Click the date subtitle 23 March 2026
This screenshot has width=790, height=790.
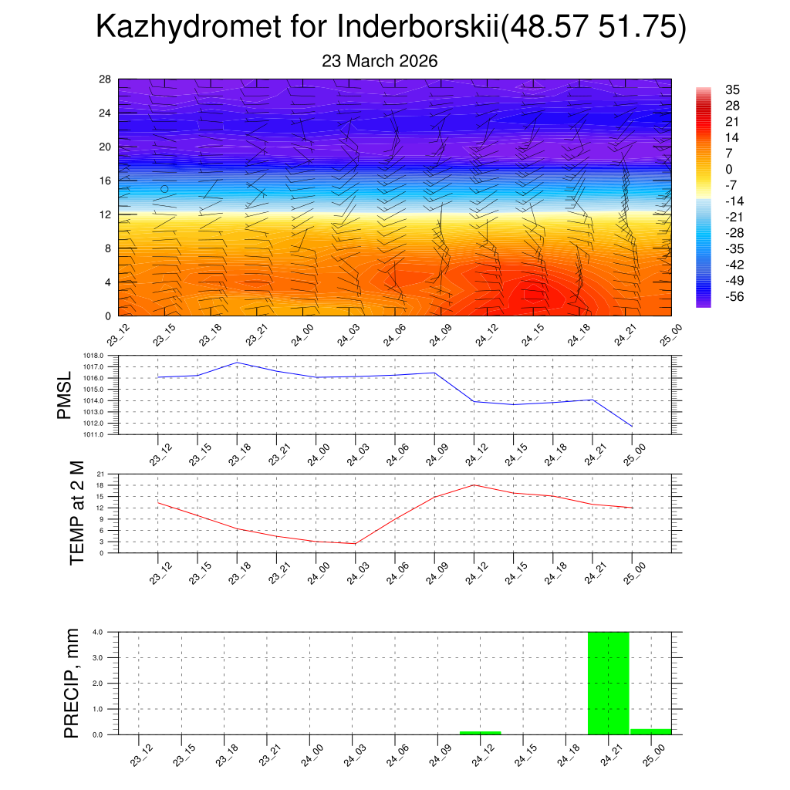tap(380, 61)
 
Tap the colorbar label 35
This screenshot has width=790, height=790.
tap(732, 90)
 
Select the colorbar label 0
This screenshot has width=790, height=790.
tap(728, 169)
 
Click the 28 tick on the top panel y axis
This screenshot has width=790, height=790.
tap(106, 79)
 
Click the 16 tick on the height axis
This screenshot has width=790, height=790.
tap(106, 181)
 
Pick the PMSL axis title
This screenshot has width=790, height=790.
tap(65, 395)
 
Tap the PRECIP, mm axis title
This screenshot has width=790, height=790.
tap(72, 683)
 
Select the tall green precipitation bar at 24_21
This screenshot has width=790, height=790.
tap(609, 683)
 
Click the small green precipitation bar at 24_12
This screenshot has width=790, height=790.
tap(480, 732)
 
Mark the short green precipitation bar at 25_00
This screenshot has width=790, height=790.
tap(651, 731)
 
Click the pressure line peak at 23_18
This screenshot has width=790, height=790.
tap(237, 363)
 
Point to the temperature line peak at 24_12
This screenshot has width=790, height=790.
tap(474, 484)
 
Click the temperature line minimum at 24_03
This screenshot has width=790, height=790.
tap(356, 544)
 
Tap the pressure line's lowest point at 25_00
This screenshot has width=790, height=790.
tap(632, 427)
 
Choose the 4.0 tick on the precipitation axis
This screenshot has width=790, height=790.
tap(99, 632)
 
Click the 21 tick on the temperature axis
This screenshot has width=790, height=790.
tap(100, 474)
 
